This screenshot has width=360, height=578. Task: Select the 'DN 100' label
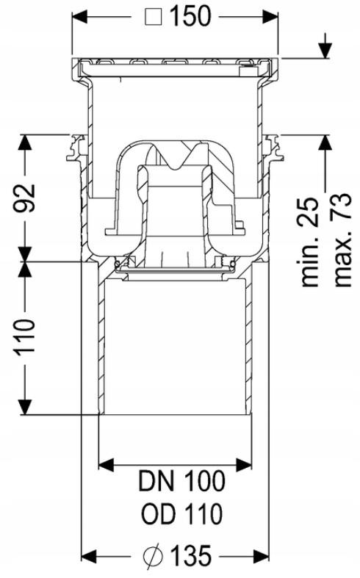[x=180, y=482]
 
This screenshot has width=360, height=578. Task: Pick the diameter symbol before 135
[x=152, y=556]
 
